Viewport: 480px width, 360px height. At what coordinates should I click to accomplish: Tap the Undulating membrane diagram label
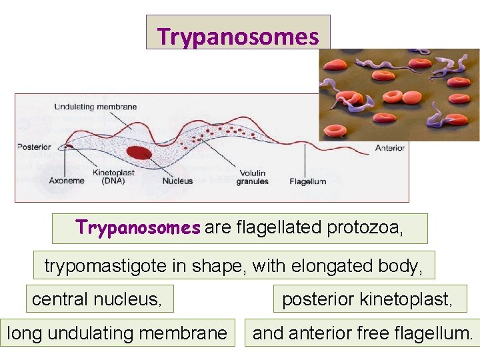tap(95, 107)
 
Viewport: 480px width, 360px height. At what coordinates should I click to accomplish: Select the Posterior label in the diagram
tap(34, 147)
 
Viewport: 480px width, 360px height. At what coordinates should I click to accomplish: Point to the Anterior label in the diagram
tap(389, 148)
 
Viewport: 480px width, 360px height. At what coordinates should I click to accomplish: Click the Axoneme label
tap(67, 181)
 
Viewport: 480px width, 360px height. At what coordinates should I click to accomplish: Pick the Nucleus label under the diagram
tap(178, 181)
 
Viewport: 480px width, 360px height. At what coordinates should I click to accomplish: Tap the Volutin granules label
tap(253, 177)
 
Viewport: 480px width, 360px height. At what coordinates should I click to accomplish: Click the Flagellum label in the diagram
tap(308, 181)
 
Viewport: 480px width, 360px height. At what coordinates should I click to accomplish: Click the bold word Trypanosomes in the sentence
tap(138, 228)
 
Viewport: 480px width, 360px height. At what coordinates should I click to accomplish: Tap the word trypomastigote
tap(106, 265)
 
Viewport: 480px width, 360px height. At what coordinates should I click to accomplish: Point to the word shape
tap(217, 265)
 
